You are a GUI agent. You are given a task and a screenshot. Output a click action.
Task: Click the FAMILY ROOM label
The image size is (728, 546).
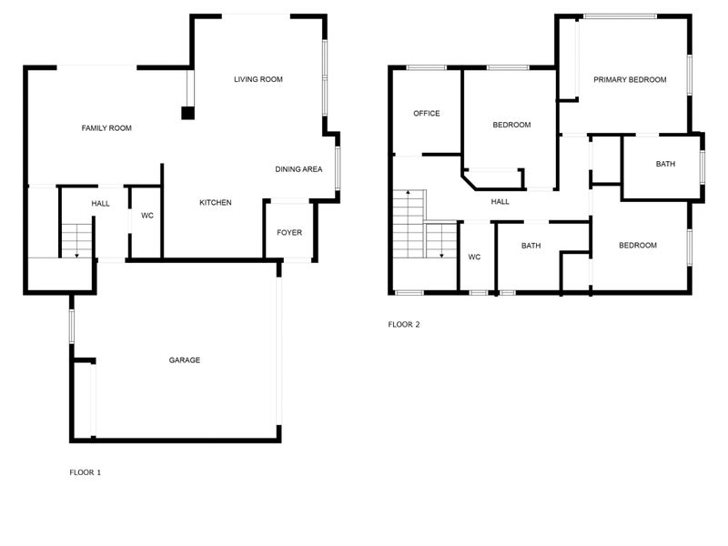point(106,128)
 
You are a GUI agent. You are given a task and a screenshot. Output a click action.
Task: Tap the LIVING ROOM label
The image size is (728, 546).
point(258,79)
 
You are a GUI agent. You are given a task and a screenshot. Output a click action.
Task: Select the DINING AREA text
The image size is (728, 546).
point(298,169)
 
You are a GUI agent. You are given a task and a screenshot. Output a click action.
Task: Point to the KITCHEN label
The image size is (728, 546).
point(216,202)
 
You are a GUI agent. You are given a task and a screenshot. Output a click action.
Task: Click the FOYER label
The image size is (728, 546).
point(289,232)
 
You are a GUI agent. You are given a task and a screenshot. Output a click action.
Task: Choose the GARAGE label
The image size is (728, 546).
point(185,360)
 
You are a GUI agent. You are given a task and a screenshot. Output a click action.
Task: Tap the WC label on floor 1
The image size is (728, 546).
point(147,216)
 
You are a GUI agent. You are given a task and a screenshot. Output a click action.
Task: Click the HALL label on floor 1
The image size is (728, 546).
point(100,203)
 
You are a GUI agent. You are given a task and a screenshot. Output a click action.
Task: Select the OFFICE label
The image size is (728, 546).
point(427,114)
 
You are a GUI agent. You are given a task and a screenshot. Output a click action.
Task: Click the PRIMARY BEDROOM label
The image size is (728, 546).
point(630,80)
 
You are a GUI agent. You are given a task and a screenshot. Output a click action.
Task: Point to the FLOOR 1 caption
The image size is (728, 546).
point(86,472)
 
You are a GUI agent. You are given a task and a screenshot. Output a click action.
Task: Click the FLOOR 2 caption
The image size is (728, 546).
point(404,324)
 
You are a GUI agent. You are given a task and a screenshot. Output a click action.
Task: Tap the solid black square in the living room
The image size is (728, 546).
point(187,113)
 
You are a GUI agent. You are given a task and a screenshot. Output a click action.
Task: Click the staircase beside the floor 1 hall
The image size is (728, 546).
point(76,238)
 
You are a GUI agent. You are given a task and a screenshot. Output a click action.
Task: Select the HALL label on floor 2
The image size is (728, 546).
point(500,201)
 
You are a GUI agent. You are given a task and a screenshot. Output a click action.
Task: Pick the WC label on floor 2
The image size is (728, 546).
point(474,258)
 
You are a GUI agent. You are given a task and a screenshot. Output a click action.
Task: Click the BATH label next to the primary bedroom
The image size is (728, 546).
point(665,164)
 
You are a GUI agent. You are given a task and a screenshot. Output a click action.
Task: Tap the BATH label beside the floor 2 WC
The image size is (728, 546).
point(531,246)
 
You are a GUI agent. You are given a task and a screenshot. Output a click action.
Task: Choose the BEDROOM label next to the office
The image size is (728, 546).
point(511,125)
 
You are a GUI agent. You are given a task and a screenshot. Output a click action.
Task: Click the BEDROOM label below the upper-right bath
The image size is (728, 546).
point(638,246)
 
